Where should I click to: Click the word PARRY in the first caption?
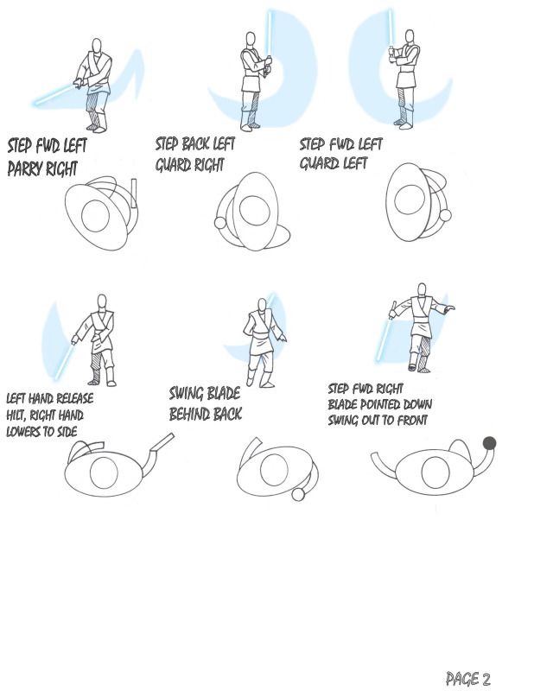coord(25,168)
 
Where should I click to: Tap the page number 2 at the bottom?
coord(485,679)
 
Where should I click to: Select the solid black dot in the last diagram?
coord(489,443)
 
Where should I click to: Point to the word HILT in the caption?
coord(16,415)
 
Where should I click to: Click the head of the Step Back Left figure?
coord(251,38)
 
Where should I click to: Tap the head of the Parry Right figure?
coord(97,46)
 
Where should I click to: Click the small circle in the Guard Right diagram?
coord(220,223)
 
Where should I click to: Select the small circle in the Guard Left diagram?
coord(445,216)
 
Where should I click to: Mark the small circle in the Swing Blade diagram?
coord(298,495)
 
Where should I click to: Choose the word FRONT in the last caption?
coord(412,421)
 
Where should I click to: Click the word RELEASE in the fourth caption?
coord(75,398)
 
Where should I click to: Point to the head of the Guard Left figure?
coord(410,36)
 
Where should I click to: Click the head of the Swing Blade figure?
coord(262,305)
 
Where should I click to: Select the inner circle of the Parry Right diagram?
coord(95,216)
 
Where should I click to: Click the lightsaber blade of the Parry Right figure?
coord(54,95)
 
